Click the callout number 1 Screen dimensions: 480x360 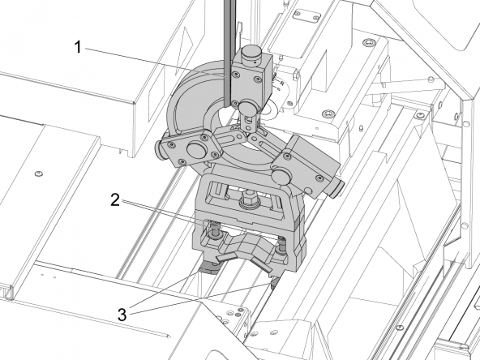click(78, 48)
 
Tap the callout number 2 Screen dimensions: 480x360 click(115, 200)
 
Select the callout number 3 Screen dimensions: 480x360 click(122, 315)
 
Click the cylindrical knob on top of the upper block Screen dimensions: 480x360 click(251, 54)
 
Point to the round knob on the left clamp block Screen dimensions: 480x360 click(197, 149)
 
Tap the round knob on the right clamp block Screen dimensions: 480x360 click(282, 178)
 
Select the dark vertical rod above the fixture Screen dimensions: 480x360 click(229, 53)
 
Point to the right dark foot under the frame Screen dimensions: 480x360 click(275, 281)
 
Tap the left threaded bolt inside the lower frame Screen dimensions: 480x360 click(213, 230)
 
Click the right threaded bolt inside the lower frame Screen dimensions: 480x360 click(281, 246)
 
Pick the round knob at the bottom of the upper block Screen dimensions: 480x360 click(249, 107)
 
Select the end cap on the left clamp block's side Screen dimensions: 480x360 click(159, 150)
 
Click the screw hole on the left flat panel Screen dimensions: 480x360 click(38, 174)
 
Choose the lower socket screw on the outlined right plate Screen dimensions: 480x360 click(328, 114)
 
